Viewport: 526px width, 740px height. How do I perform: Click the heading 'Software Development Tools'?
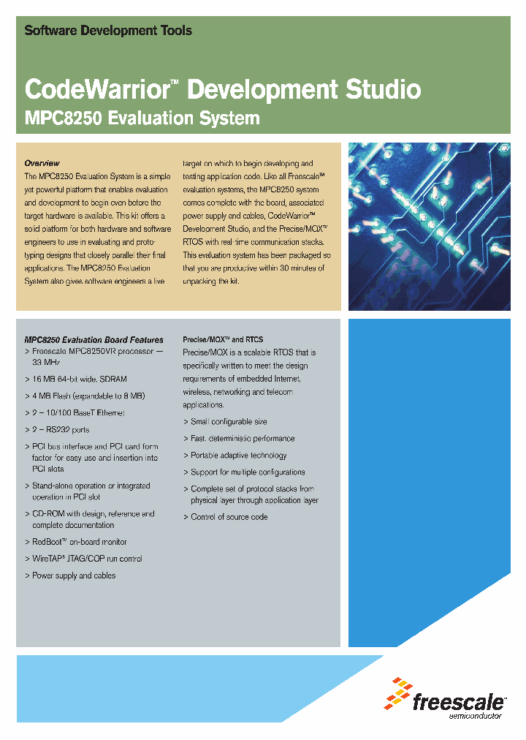click(x=108, y=31)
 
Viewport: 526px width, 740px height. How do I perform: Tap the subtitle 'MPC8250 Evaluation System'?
click(x=142, y=118)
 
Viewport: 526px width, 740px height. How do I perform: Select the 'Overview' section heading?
click(x=42, y=163)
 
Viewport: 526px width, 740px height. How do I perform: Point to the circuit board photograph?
click(x=429, y=227)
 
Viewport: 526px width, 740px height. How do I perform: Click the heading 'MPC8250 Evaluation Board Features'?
click(x=94, y=340)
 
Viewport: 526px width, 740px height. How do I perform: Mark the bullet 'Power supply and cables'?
click(x=74, y=575)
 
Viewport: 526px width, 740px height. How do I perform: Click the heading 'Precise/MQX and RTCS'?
click(x=223, y=340)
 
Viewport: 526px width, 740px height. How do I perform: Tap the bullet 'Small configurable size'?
click(x=229, y=422)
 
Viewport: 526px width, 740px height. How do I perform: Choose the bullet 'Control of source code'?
click(x=229, y=517)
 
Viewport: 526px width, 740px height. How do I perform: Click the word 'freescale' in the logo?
click(x=458, y=703)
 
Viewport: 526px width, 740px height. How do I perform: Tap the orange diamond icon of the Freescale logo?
click(x=398, y=694)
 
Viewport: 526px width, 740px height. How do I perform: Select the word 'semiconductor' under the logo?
click(x=475, y=716)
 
